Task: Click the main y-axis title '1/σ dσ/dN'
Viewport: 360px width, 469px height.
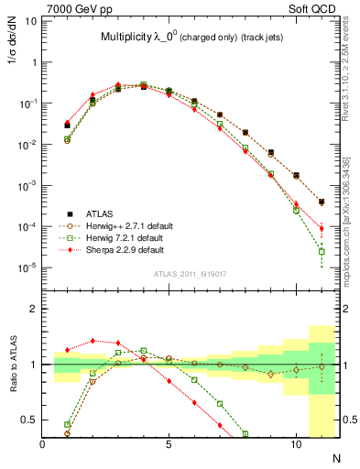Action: click(13, 54)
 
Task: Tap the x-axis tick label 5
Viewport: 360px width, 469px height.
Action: click(169, 444)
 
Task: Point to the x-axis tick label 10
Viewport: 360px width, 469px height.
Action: click(296, 444)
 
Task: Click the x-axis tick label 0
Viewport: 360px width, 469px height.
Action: click(43, 444)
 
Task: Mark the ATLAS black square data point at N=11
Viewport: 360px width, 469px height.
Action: click(322, 202)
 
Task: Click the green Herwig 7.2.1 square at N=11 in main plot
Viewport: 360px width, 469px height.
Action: click(322, 251)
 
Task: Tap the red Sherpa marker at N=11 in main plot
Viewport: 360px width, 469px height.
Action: click(322, 228)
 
